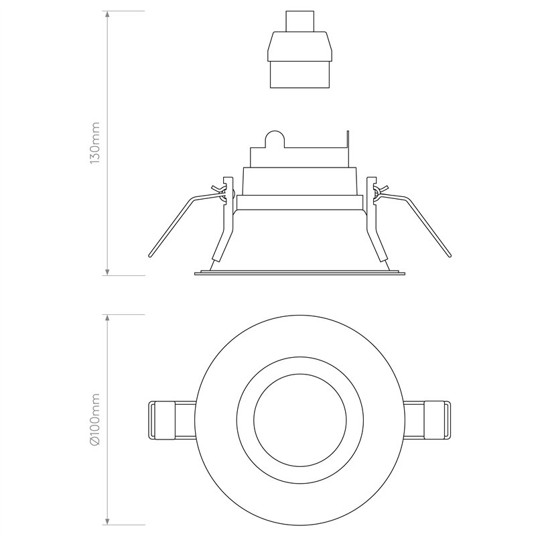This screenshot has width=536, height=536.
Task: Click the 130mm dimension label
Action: [95, 143]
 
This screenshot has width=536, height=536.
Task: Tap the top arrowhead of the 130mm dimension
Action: [107, 14]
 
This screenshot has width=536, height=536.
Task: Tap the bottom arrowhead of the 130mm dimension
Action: [107, 271]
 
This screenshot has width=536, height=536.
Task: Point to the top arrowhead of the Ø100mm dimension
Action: [107, 318]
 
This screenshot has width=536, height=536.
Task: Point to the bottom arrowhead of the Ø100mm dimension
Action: [107, 521]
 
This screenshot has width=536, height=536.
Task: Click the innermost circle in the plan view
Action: [299, 374]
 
